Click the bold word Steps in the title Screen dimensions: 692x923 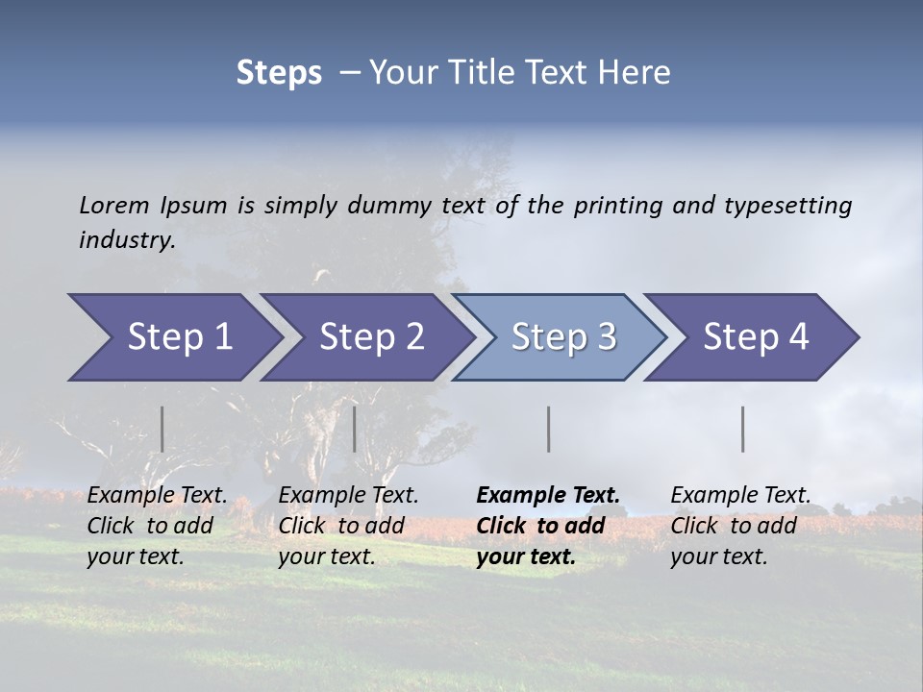(x=279, y=73)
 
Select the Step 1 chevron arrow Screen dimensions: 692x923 (x=173, y=337)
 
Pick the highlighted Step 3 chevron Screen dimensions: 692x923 (x=561, y=337)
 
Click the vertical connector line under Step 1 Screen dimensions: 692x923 (x=162, y=429)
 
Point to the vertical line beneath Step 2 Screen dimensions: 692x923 (x=355, y=429)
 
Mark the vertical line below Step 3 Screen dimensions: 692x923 (x=548, y=429)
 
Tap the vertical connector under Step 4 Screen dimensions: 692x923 (x=742, y=429)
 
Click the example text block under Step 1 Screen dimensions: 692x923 (x=157, y=526)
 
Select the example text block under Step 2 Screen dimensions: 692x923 (x=348, y=526)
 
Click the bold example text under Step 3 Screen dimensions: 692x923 (x=548, y=526)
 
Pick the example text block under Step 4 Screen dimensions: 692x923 (x=740, y=526)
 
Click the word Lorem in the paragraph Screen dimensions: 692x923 (x=114, y=205)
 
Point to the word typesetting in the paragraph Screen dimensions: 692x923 (x=787, y=205)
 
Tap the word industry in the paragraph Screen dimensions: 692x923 (x=127, y=239)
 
